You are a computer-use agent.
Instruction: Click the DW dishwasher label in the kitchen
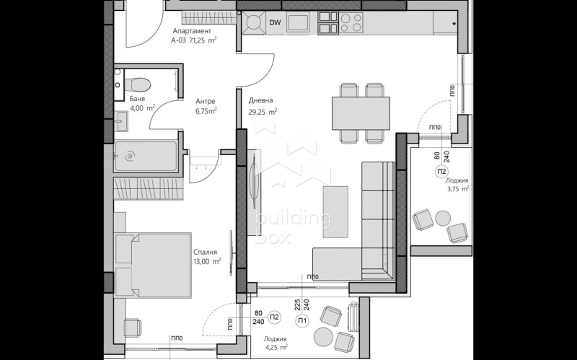click(x=275, y=23)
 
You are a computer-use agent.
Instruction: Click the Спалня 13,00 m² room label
click(x=206, y=257)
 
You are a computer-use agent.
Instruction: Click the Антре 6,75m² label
click(x=206, y=107)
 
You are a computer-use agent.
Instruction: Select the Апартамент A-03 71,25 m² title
click(x=193, y=36)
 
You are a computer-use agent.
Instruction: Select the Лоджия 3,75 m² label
click(x=457, y=185)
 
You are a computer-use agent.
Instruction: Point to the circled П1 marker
click(x=303, y=321)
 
